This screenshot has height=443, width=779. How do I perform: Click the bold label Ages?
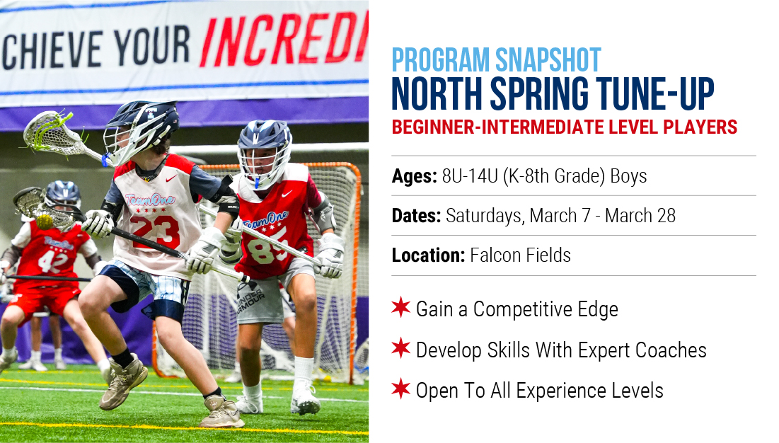coord(415,176)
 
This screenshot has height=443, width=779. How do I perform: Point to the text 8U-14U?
coord(470,176)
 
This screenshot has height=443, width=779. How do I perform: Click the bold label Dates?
coord(416,216)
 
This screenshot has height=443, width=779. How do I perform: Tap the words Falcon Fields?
coord(520,255)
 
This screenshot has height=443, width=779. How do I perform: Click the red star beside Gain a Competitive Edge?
coord(401,307)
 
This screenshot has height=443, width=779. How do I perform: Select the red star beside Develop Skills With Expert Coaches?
coord(401,348)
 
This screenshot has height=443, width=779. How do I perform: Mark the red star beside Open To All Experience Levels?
coord(401,389)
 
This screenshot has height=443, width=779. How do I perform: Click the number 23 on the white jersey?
coord(155,231)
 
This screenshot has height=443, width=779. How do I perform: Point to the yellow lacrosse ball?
coord(45,221)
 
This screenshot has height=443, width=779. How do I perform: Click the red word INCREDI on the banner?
coord(284,40)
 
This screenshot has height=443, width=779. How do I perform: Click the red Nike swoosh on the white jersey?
coord(171,178)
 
